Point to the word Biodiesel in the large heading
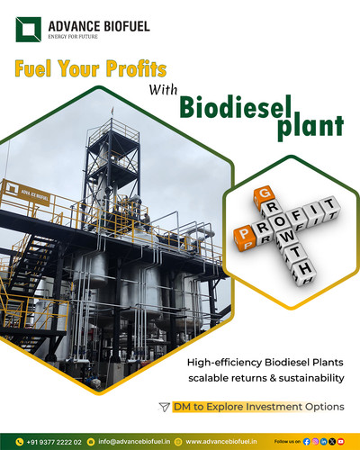(x=238, y=104)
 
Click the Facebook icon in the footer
(x=309, y=442)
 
